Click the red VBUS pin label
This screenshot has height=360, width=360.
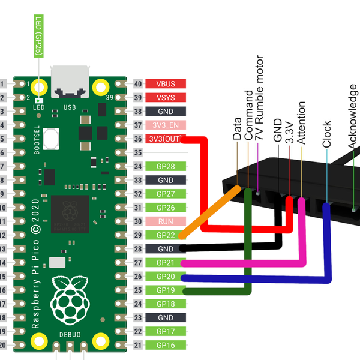click(166, 84)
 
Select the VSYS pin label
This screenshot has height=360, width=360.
click(166, 98)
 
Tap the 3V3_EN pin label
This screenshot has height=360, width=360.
click(166, 125)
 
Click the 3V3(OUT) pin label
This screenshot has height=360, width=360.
click(166, 139)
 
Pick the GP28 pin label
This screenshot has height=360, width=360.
click(166, 166)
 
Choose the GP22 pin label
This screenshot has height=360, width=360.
click(166, 235)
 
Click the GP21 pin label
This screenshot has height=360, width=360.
click(166, 262)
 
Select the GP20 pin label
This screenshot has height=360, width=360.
click(166, 276)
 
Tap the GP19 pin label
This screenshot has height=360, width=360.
click(166, 290)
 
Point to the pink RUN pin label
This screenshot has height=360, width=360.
click(166, 221)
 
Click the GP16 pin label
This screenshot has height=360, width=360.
click(166, 345)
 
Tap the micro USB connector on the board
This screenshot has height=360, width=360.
click(71, 83)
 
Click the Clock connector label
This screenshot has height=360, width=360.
click(327, 134)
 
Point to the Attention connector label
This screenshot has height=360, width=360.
click(301, 123)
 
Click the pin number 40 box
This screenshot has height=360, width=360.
click(137, 84)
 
